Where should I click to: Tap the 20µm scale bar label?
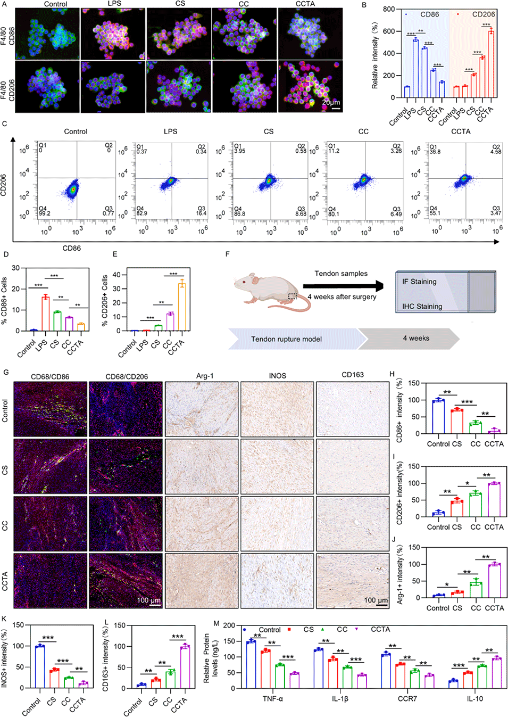[x=331, y=102]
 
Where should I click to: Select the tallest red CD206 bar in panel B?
[x=491, y=64]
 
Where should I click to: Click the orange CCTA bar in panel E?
[x=182, y=307]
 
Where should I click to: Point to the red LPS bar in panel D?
[x=46, y=314]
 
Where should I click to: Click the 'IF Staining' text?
[x=419, y=282]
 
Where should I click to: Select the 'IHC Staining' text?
[x=422, y=306]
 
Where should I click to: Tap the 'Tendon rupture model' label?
[x=286, y=339]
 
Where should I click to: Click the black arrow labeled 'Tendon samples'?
[x=343, y=285]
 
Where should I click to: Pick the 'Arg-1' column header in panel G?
[x=205, y=375]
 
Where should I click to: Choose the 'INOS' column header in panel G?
[x=277, y=375]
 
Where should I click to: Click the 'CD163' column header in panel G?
[x=353, y=375]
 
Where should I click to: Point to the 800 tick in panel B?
[x=389, y=9]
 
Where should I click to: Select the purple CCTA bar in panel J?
[x=494, y=581]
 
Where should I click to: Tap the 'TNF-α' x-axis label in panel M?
[x=273, y=698]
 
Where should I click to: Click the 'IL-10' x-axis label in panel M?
[x=474, y=698]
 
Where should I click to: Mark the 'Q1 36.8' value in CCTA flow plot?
[x=435, y=149]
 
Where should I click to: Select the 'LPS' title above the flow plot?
[x=170, y=131]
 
